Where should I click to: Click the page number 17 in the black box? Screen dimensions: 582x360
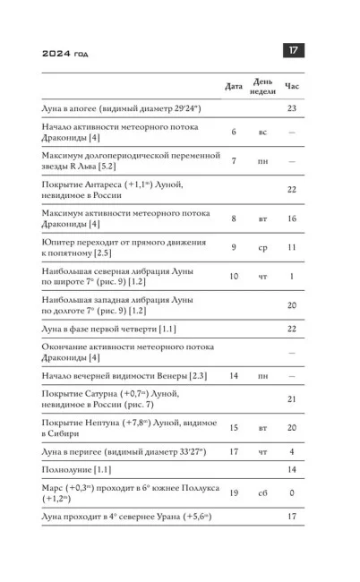292,51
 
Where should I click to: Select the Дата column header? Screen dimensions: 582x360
233,86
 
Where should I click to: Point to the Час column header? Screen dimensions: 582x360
292,86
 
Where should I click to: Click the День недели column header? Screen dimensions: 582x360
262,86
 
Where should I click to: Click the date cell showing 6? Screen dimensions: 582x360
234,132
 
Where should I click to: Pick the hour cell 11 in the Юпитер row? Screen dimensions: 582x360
292,246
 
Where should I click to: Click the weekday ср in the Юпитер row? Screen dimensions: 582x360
262,246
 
